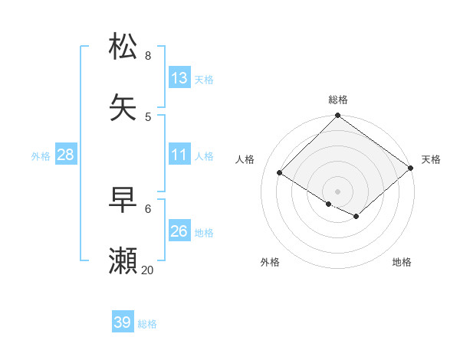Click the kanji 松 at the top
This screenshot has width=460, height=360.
[x=123, y=47]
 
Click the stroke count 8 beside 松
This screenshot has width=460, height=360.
[x=148, y=55]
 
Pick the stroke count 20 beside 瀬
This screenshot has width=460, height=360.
[x=148, y=270]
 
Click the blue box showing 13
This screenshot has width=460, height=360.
[x=179, y=78]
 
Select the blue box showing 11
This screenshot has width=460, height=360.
[x=179, y=155]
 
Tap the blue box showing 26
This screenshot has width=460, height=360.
[x=179, y=231]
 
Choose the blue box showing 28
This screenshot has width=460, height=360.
[x=66, y=155]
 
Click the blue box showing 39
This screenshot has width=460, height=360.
[x=123, y=322]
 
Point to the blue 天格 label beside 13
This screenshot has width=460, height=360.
[x=204, y=80]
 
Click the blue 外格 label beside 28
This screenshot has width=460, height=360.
[x=41, y=156]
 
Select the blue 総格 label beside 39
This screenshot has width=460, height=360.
[x=147, y=324]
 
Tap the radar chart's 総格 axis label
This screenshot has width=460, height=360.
[x=338, y=100]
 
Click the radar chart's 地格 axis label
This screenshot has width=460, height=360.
[x=402, y=263]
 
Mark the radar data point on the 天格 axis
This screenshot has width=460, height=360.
[x=411, y=169]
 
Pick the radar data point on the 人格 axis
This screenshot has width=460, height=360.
[x=280, y=173]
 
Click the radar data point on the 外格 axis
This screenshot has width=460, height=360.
[x=329, y=204]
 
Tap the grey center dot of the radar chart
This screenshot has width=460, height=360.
[x=338, y=191]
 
